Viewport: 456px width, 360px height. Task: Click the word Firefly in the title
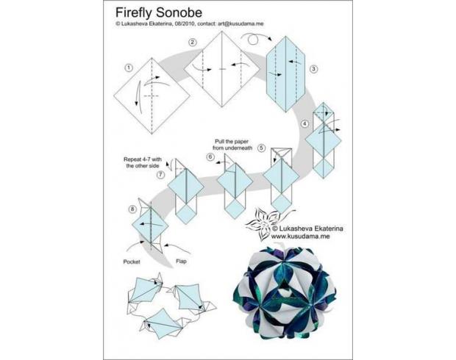point(134,12)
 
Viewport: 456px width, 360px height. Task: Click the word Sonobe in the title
point(179,12)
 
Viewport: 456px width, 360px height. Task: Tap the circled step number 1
point(129,68)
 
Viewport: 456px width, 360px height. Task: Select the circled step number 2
point(192,43)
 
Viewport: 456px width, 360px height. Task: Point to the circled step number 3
point(313,69)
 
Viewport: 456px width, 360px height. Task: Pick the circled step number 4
point(304,124)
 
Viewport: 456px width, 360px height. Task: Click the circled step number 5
point(261,148)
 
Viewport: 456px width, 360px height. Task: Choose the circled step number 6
point(210,157)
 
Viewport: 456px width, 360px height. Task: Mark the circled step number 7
point(160,175)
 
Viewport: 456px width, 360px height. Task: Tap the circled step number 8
point(132,209)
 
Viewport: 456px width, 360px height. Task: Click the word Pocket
point(132,262)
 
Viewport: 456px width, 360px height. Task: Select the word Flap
point(181,262)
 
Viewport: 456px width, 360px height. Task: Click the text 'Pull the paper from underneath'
point(232,145)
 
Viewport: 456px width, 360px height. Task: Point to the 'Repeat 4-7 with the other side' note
point(143,162)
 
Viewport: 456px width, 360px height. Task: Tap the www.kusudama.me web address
point(300,237)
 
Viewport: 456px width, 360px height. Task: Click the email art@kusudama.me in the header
point(241,24)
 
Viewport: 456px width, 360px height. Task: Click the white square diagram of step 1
point(152,96)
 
